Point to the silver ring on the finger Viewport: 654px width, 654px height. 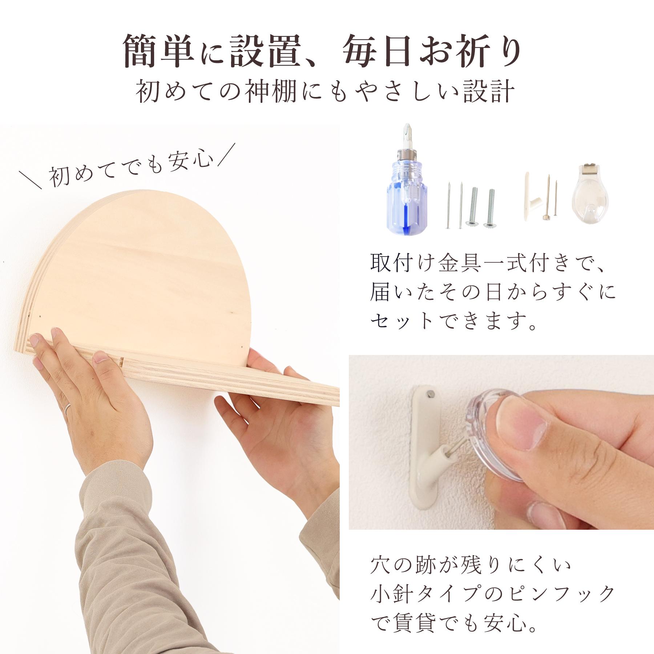(68, 410)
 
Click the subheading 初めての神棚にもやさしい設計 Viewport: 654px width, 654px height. (325, 93)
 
